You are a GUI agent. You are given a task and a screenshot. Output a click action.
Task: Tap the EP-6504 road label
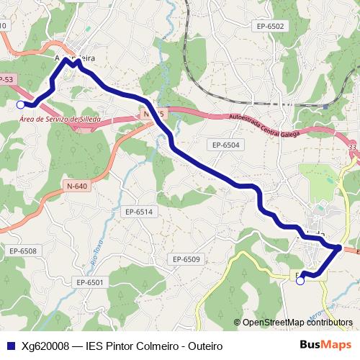pos(225,145)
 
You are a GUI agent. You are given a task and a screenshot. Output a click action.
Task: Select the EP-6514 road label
pos(139,212)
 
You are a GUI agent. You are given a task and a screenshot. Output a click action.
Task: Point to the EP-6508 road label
pos(22,251)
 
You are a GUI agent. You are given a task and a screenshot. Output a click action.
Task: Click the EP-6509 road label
pos(186,259)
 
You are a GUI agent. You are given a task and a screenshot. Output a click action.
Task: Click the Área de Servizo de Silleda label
pos(60,119)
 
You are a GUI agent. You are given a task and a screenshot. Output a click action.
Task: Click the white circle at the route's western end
pos(19,105)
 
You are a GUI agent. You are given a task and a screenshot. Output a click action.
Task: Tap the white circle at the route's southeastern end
pos(300,281)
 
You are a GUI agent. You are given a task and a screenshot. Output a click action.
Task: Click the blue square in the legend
pos(11,346)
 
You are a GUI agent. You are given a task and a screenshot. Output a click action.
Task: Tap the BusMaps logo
pos(325,345)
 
